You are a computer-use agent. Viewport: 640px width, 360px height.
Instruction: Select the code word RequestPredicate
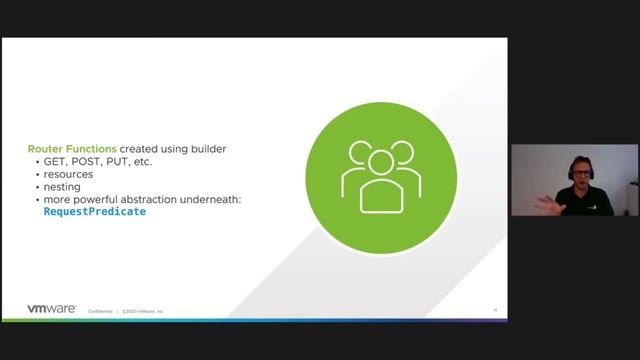[x=95, y=212]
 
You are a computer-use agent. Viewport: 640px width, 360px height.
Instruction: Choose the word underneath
[x=213, y=199]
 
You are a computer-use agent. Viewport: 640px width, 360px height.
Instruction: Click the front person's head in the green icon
[x=379, y=161]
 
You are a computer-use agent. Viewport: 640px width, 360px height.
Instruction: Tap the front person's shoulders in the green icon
[x=379, y=193]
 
